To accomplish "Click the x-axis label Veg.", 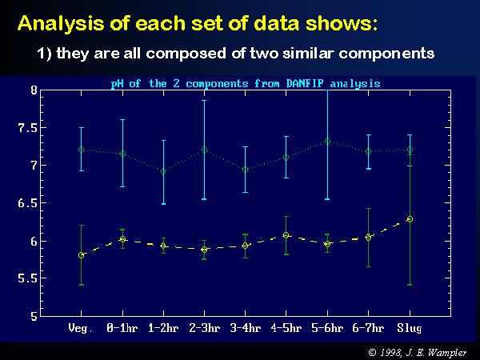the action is (81, 328).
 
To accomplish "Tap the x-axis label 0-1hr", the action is (122, 328).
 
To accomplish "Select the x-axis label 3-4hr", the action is (246, 328).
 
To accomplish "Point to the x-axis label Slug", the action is (410, 328).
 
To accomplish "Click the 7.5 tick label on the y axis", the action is (28, 128).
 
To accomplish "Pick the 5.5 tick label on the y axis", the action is (28, 278).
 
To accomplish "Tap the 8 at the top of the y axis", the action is (34, 90).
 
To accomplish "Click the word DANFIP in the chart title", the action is (305, 83).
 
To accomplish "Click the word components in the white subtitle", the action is (386, 54).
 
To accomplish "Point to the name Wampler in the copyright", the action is (447, 353).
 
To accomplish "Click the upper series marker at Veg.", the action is (81, 150).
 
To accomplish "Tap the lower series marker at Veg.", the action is (81, 255).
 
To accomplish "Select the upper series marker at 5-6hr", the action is (327, 141).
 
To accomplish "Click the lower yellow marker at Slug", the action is (410, 219).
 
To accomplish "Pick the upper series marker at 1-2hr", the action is (163, 171).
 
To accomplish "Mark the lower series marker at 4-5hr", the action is (286, 235).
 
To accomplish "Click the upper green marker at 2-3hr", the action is (205, 150).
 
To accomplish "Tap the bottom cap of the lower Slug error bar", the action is (410, 285).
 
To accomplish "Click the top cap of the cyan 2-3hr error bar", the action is (205, 101).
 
